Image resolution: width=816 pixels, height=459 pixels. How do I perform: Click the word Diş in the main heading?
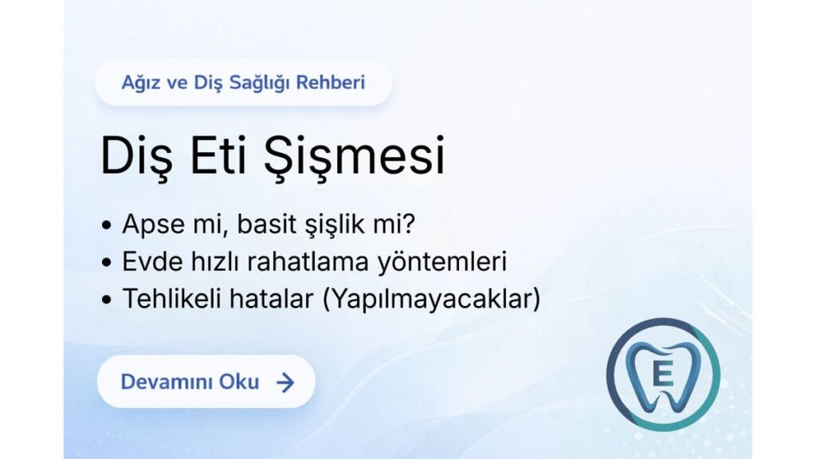[x=131, y=157]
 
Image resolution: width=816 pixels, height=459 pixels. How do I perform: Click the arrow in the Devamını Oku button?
[x=284, y=382]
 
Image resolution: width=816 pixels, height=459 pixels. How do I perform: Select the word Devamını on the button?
[x=165, y=382]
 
